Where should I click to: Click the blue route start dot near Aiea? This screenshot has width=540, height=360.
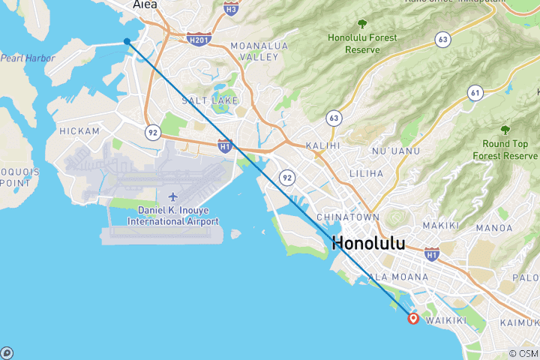pos(127,41)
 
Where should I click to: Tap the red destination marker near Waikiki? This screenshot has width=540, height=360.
pos(412,318)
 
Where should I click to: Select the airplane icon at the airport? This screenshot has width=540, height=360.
pos(173,196)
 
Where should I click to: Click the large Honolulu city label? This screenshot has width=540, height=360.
pos(367,243)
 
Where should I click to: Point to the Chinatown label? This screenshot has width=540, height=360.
pos(347,217)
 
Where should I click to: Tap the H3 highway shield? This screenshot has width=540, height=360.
pos(231,8)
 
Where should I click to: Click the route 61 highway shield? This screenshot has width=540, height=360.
pos(474,92)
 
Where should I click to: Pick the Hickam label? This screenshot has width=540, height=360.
pos(79,131)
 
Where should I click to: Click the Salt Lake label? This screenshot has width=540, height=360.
pos(214,100)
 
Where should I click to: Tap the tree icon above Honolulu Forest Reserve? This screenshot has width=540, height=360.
pos(362,24)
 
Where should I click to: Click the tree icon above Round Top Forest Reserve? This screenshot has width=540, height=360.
pos(505,130)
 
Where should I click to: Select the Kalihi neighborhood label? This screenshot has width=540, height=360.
pos(322,145)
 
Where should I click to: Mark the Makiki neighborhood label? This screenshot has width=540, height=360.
pos(435,225)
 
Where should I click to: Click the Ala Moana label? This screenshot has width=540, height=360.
pos(398,277)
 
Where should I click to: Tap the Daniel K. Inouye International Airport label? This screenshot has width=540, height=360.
pos(173,216)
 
